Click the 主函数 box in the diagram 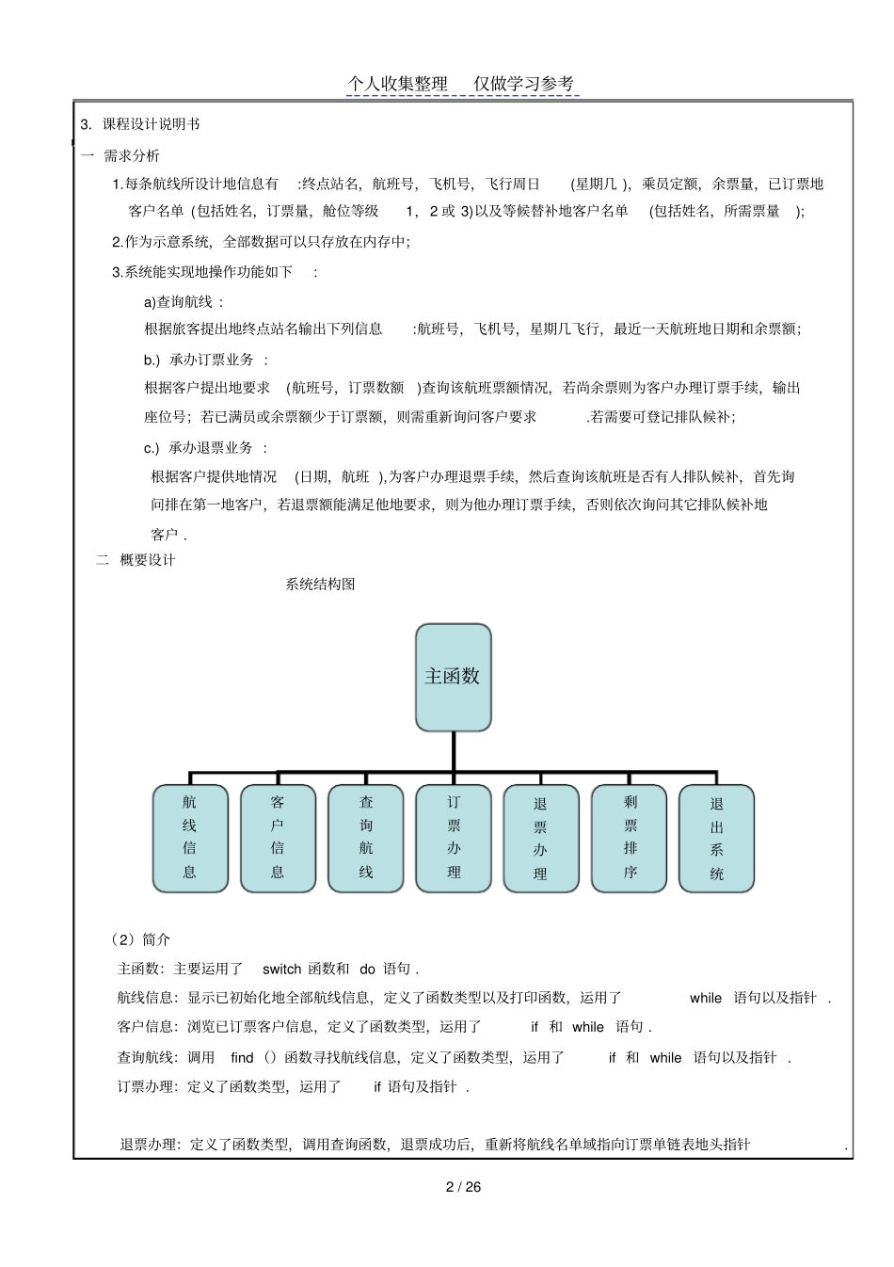453,677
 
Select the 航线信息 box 190,838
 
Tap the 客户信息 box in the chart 278,838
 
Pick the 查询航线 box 366,838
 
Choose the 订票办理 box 454,838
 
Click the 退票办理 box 540,838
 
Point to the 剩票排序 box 630,838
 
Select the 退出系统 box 716,838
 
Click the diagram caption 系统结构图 320,584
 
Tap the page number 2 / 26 463,1186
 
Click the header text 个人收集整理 397,84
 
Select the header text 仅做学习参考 523,84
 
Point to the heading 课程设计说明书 151,124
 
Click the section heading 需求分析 132,155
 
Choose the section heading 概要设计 148,560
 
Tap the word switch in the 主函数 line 281,969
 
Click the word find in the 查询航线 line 242,1057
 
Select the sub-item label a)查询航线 183,302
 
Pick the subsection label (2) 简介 140,939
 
